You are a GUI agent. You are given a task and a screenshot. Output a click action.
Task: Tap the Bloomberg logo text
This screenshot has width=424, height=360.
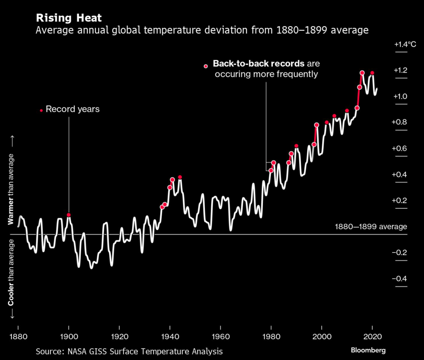[368, 350]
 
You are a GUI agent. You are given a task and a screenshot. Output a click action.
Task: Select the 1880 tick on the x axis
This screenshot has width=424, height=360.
[18, 336]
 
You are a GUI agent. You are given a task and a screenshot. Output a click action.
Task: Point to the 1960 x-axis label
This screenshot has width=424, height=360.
[220, 336]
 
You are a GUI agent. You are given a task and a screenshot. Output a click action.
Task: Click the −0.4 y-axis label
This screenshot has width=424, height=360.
[400, 278]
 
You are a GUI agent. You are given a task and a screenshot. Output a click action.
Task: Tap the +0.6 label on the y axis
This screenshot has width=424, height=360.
[400, 149]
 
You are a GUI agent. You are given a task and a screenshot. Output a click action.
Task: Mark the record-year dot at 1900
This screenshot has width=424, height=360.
[69, 215]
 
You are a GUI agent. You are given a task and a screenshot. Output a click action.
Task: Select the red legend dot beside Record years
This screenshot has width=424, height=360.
[41, 110]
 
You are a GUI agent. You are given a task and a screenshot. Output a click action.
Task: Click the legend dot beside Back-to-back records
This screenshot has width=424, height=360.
[206, 66]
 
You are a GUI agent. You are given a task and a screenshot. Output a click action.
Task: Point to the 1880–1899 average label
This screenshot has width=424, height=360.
[371, 227]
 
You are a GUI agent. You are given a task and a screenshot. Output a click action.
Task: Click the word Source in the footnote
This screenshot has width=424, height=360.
[49, 351]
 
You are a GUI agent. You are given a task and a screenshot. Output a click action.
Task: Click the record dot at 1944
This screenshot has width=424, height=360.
[180, 177]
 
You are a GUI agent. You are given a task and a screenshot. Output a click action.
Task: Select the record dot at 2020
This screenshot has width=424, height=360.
[372, 73]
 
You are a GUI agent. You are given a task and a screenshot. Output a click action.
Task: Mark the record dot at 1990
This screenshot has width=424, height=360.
[296, 146]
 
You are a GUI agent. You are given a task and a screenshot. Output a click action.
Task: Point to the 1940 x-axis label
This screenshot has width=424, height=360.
[170, 336]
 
